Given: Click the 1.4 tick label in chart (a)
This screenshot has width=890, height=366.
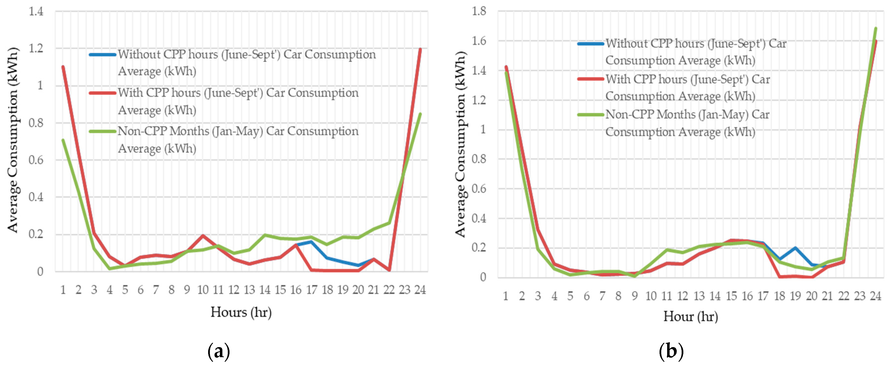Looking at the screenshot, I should (36, 12).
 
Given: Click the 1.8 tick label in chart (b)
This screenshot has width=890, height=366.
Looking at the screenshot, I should (479, 11).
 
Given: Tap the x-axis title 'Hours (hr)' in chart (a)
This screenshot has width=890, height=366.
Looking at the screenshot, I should (241, 312).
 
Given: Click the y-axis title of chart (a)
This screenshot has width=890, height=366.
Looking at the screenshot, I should (13, 140).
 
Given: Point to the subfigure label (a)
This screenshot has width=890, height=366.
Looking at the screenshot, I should (219, 352).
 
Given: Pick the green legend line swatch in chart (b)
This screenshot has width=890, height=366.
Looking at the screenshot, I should (590, 115).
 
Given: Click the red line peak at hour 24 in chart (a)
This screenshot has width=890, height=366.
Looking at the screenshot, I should (420, 49).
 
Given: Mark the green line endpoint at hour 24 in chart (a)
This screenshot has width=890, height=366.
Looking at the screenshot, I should (420, 114).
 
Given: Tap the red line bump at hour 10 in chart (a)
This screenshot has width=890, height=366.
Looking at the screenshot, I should (203, 236).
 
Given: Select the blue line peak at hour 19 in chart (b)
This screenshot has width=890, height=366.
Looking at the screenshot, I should (795, 248).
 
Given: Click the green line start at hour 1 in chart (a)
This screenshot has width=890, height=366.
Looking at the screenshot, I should (63, 140).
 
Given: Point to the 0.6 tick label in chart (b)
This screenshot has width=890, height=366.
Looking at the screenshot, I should (479, 189).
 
